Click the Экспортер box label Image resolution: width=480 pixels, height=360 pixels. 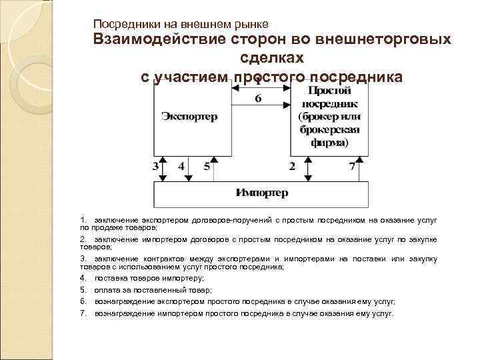pyautogui.click(x=189, y=117)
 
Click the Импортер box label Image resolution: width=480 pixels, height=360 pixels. pyautogui.click(x=262, y=193)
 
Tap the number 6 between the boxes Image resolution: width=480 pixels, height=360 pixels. pyautogui.click(x=259, y=99)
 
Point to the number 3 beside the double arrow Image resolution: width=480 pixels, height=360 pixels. pyautogui.click(x=155, y=166)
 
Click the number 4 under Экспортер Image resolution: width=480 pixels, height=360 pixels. pyautogui.click(x=181, y=166)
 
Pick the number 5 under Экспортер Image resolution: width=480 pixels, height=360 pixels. pyautogui.click(x=207, y=166)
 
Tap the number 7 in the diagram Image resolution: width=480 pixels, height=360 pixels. pyautogui.click(x=351, y=166)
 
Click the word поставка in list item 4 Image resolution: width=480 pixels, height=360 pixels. pyautogui.click(x=109, y=278)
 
